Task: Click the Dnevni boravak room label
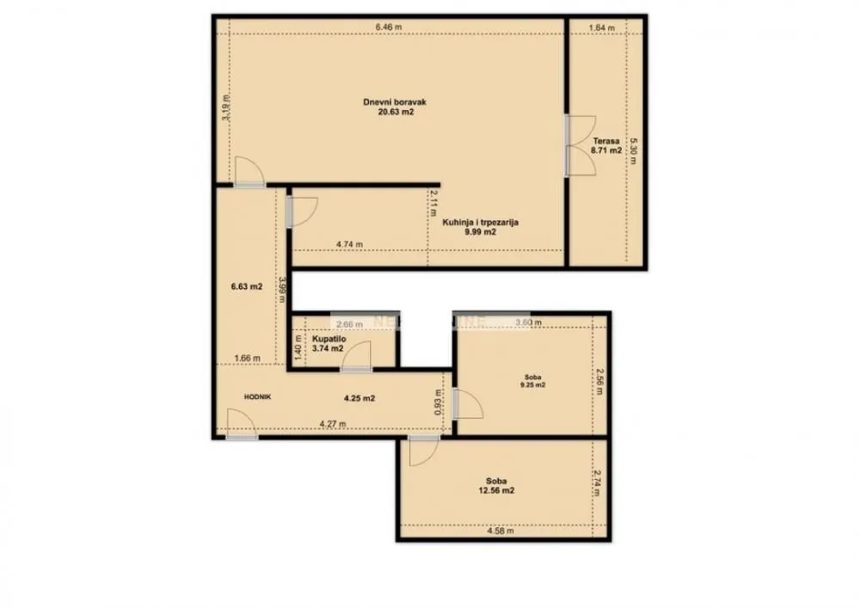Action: pyautogui.click(x=395, y=102)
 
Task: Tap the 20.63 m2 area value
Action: pyautogui.click(x=395, y=113)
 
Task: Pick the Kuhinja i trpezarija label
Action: pyautogui.click(x=481, y=222)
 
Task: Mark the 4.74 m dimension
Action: pyautogui.click(x=348, y=244)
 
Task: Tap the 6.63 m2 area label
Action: pyautogui.click(x=247, y=287)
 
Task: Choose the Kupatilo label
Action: pyautogui.click(x=329, y=339)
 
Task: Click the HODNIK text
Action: pyautogui.click(x=258, y=396)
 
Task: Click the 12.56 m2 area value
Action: pyautogui.click(x=496, y=491)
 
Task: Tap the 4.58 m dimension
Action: pyautogui.click(x=500, y=531)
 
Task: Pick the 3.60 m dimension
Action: pyautogui.click(x=527, y=323)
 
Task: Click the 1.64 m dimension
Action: pyautogui.click(x=602, y=28)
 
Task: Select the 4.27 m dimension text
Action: pyautogui.click(x=333, y=423)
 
